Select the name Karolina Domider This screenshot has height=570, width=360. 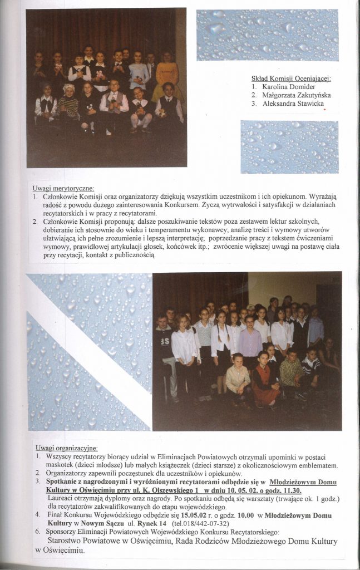pos(289,87)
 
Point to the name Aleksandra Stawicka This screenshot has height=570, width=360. pos(293,104)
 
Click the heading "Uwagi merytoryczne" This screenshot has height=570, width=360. pos(63,188)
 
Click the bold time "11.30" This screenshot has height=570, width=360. pos(289,490)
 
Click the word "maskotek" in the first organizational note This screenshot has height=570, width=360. pos(63,465)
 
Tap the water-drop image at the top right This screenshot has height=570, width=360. pos(267,35)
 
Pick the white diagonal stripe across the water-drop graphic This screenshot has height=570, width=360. pos(89,351)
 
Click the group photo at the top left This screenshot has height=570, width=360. pos(106,87)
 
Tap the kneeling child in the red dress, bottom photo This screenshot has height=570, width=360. pos(264,379)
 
